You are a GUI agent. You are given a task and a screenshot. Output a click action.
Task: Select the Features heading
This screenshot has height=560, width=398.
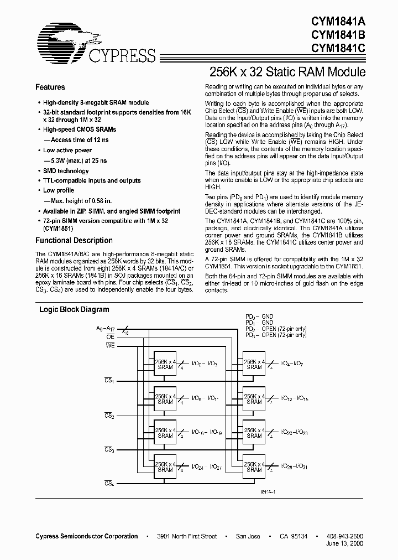coord(50,87)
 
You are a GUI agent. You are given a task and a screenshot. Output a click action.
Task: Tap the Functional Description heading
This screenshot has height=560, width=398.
coord(74,241)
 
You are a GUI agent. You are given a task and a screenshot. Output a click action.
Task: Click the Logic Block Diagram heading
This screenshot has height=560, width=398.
coord(74,310)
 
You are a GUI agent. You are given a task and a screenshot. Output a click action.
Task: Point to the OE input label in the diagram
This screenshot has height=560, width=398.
coord(110,336)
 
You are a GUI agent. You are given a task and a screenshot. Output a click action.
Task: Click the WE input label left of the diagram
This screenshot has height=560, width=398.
coord(109,346)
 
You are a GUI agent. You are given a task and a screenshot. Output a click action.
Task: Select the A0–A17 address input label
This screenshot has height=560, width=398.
coord(107,328)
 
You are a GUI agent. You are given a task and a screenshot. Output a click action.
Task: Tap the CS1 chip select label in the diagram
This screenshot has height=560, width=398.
coord(109,381)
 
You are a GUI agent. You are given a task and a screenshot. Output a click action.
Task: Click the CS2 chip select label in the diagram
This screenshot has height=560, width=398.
coord(109,415)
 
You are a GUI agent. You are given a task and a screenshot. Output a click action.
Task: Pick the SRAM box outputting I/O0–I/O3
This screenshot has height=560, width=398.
coord(165,364)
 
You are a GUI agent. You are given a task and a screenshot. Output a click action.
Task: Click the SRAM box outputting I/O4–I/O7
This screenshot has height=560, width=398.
coord(254,364)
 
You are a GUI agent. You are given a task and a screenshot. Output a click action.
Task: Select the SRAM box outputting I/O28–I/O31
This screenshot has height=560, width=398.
coord(254,466)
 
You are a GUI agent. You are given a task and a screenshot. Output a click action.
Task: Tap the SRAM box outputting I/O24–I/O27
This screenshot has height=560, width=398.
coord(165,466)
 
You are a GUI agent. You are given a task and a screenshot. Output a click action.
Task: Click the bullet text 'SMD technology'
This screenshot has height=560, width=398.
coord(66,171)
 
